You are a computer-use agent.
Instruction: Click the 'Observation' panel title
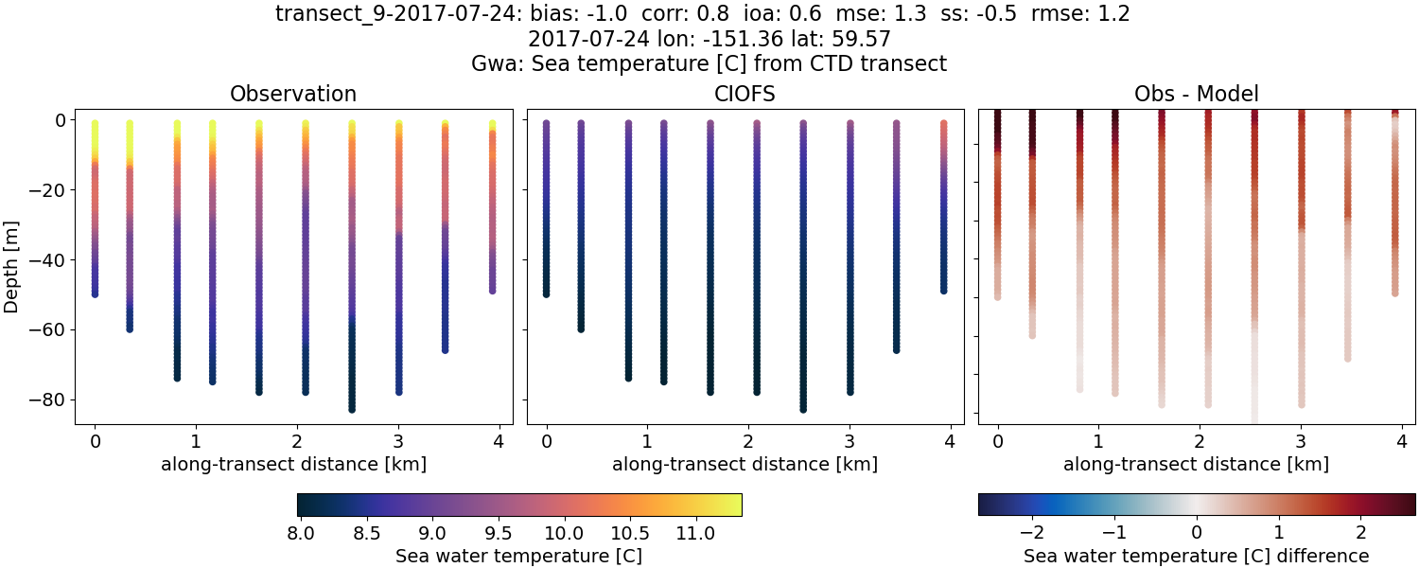293,94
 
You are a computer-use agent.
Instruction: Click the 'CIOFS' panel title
745,94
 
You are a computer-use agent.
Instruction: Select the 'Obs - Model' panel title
1196,94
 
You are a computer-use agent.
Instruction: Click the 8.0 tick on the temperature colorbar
300,533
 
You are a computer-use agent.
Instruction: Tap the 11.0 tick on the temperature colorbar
695,533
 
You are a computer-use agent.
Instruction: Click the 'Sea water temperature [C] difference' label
1196,556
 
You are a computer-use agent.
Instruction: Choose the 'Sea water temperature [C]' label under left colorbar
518,556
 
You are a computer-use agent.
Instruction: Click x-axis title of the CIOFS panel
745,464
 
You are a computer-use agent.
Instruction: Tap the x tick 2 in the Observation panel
296,441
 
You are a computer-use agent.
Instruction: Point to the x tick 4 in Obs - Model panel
1401,441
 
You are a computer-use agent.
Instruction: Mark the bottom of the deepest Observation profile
352,409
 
